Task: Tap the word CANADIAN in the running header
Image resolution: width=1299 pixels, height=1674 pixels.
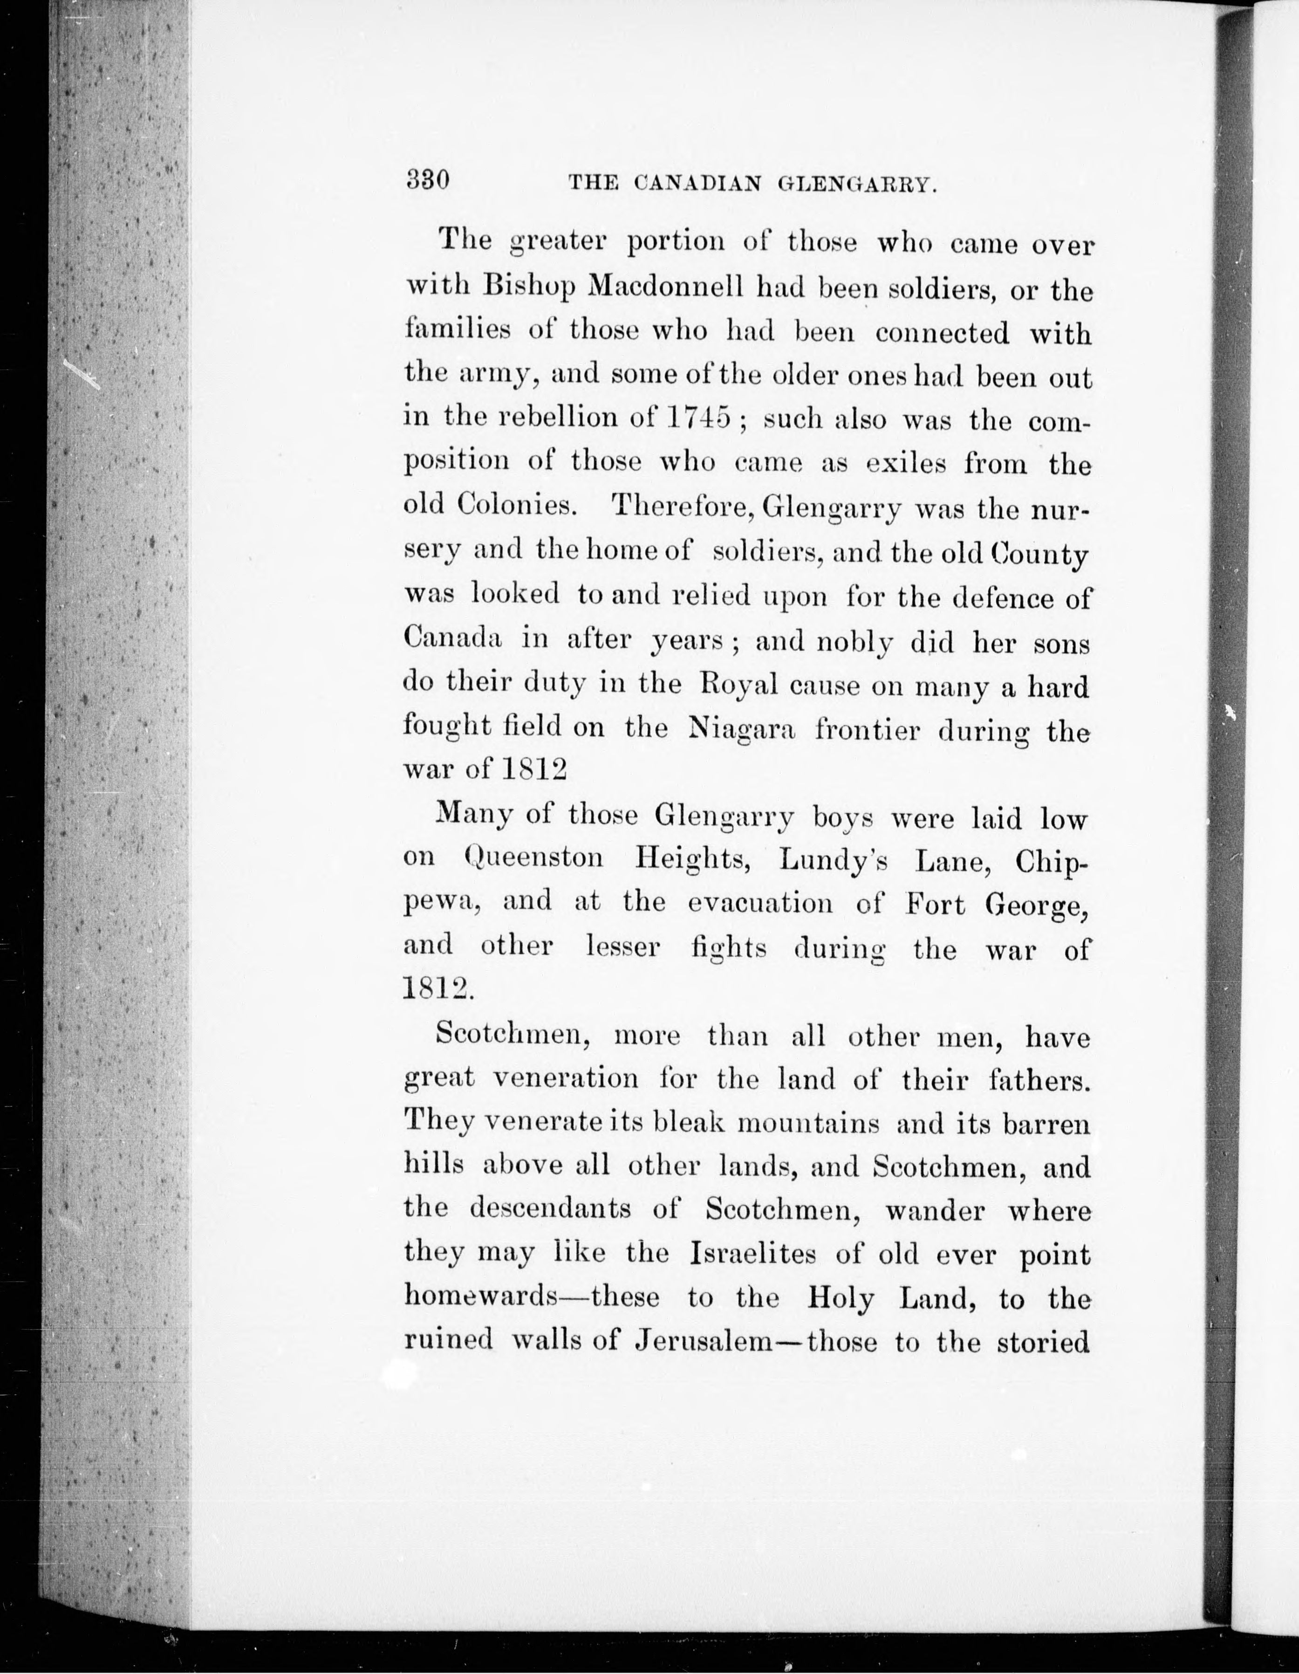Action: [698, 184]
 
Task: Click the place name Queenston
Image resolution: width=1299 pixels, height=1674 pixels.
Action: [533, 858]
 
